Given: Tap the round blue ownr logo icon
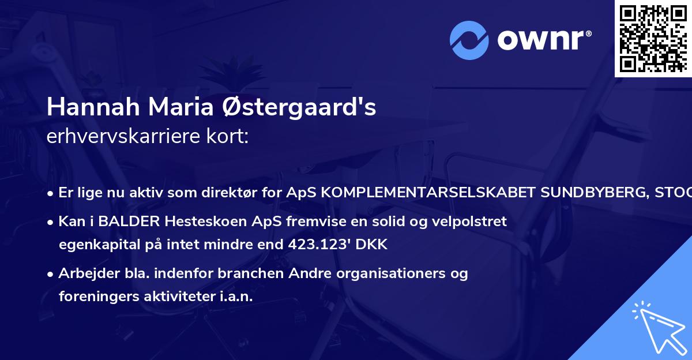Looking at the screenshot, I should point(469,40).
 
